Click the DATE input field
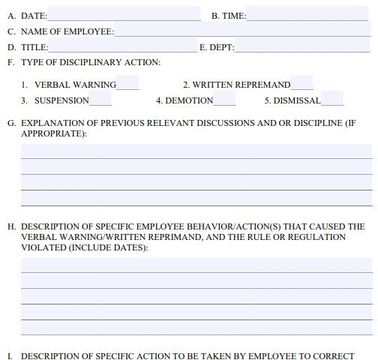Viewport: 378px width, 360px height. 124,15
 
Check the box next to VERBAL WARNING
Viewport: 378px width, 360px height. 127,84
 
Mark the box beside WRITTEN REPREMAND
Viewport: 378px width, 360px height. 301,84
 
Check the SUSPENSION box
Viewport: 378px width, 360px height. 100,100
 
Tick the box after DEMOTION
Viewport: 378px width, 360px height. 224,100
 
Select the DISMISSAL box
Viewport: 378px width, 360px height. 332,100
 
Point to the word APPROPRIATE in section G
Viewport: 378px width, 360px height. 52,133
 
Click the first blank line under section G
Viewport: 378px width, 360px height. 196,151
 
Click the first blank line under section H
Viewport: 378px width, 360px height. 196,265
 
